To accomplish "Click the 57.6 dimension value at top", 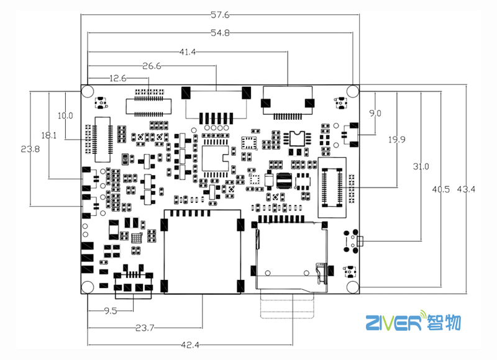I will coord(221,14).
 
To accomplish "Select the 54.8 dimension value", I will coord(220,34).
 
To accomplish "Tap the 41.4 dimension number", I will coord(188,53).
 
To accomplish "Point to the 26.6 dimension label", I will coord(152,66).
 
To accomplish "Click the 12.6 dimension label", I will coord(118,78).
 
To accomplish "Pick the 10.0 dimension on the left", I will coord(65,115).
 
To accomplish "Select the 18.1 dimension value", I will coord(50,135).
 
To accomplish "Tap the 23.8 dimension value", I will coord(30,149).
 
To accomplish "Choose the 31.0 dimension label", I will coord(421,166).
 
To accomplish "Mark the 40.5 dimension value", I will coord(440,189).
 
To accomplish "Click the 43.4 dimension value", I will coord(466,189).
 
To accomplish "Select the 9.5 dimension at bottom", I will coord(111,310).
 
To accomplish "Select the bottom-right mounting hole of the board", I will coord(353,286).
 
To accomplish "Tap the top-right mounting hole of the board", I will coord(353,91).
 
